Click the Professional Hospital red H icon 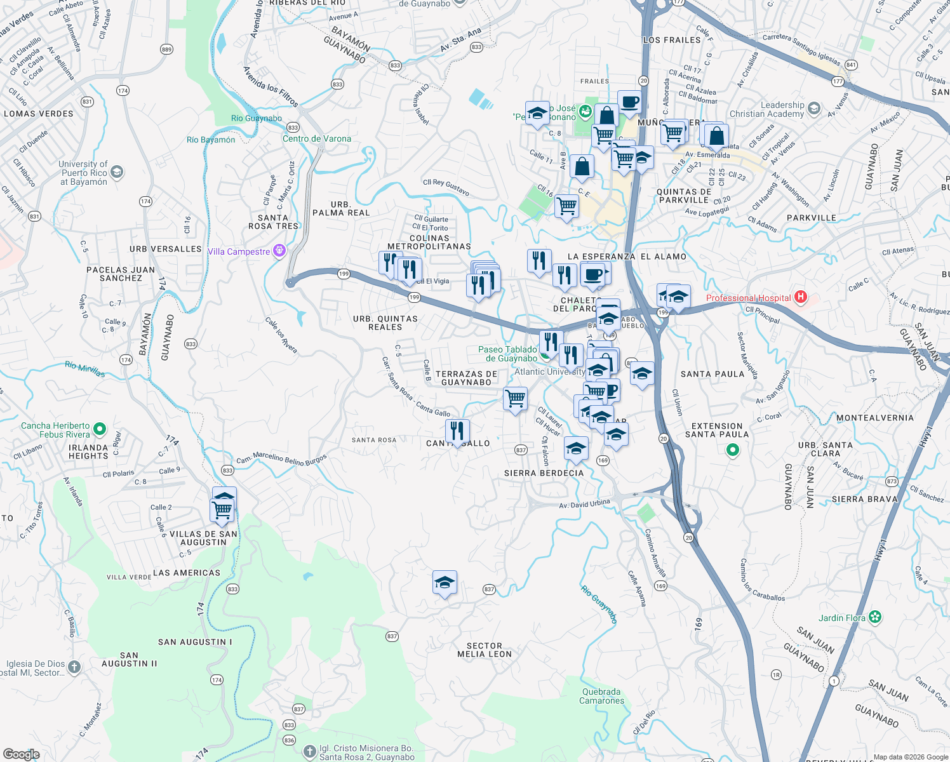pos(801,297)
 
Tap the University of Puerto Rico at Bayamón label pos(83,173)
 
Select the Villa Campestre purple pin pos(279,251)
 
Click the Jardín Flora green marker pos(876,617)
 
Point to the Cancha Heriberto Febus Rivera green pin pos(100,430)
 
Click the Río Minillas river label pos(84,369)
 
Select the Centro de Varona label pos(316,138)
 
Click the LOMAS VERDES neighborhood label pos(39,114)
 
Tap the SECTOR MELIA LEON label pos(485,650)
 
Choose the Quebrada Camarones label pos(601,696)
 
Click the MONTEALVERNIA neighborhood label pos(874,418)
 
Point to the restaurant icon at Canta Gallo pos(457,431)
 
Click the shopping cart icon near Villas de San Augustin pos(222,509)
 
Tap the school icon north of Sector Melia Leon pos(445,582)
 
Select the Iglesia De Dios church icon pos(74,667)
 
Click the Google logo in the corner pos(22,754)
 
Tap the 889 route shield pos(166,50)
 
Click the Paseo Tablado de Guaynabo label pos(507,354)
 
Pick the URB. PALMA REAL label pos(341,209)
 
